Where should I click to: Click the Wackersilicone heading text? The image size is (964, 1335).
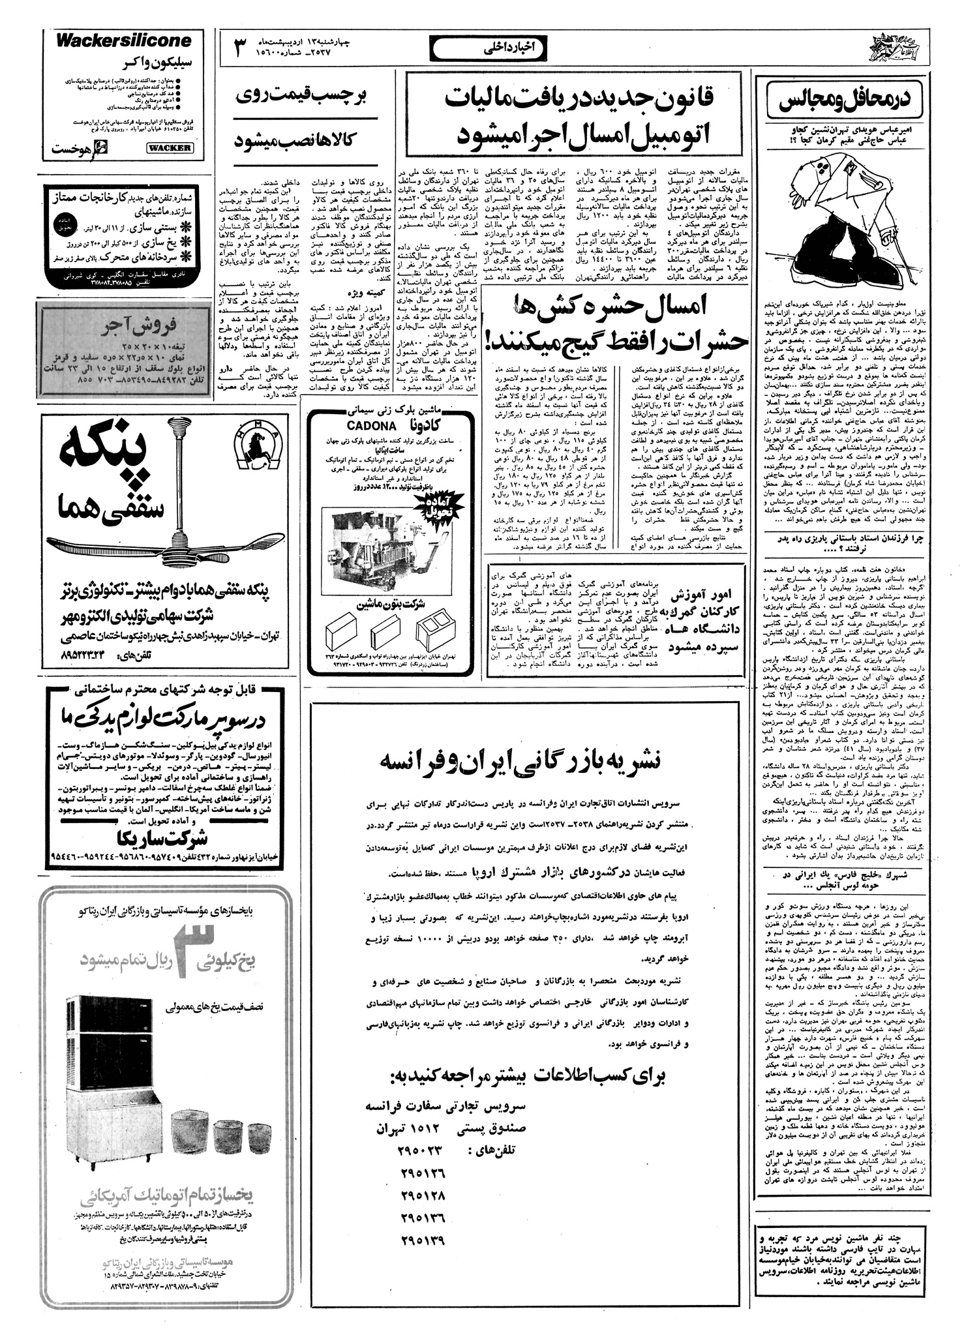click(x=124, y=41)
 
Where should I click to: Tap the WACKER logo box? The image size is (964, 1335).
click(x=168, y=148)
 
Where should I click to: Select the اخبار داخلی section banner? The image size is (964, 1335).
click(x=479, y=48)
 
